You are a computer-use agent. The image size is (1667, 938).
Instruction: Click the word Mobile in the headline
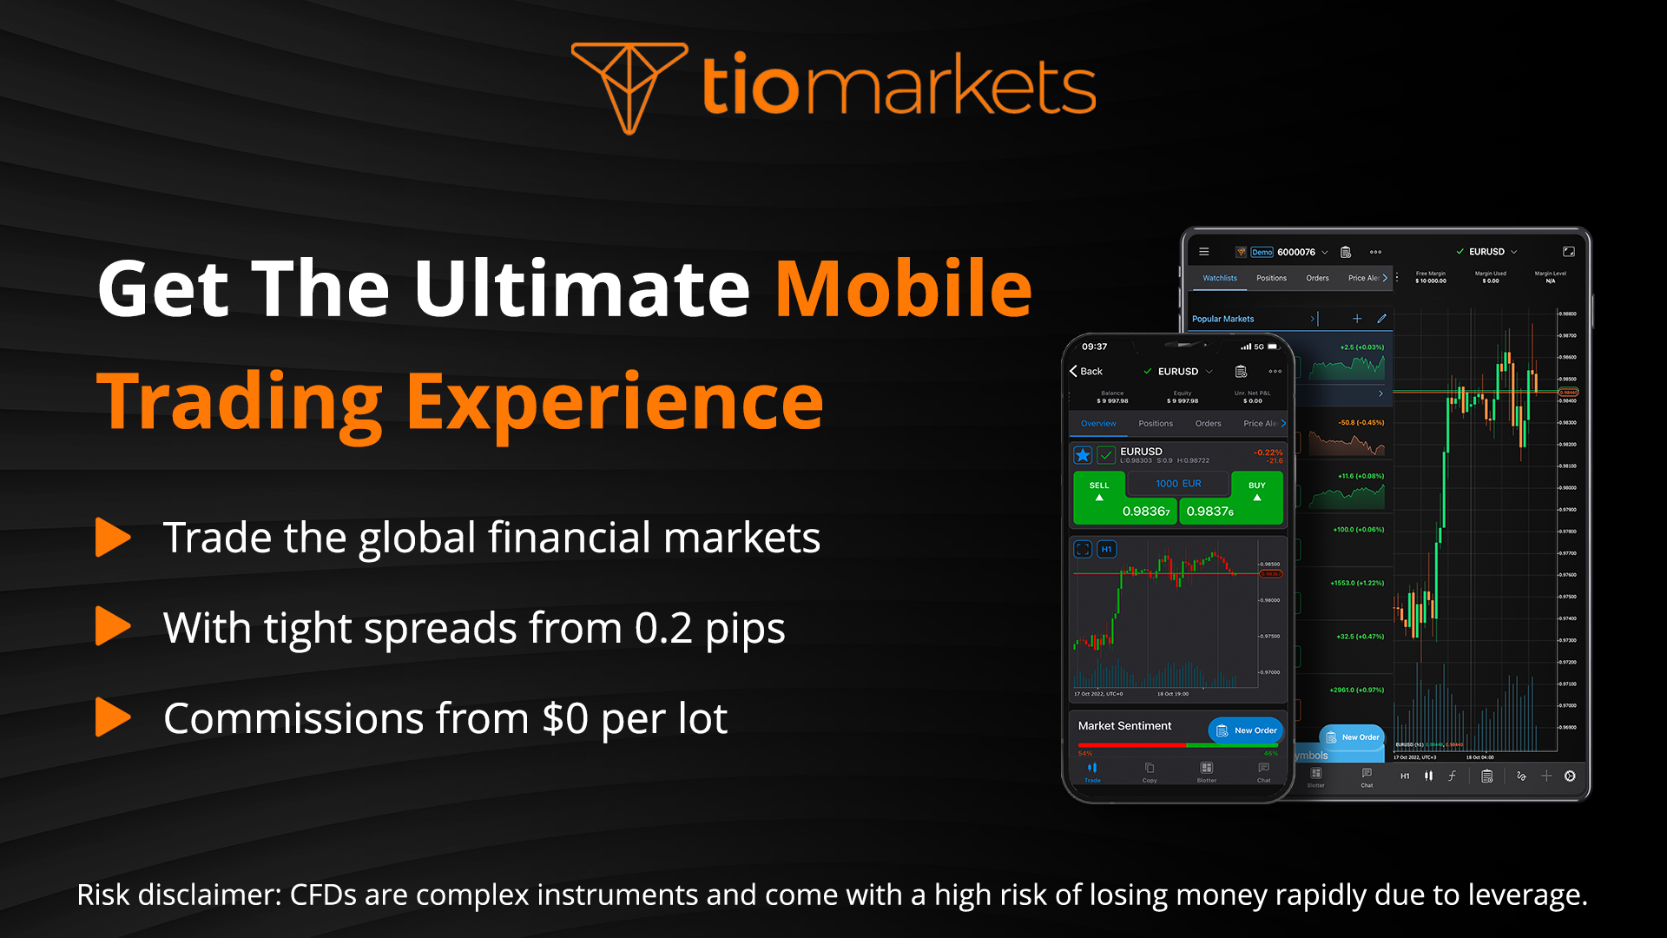903,289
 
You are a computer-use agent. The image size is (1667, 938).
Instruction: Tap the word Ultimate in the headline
582,289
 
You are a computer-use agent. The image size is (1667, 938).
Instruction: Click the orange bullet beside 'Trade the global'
113,537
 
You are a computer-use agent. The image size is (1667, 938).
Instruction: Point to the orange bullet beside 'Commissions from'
113,717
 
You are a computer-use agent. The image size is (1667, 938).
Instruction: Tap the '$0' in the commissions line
565,719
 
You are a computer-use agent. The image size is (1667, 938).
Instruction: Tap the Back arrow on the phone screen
1074,371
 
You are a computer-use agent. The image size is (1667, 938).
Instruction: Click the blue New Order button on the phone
1246,730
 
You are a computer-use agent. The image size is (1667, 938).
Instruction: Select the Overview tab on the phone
1098,424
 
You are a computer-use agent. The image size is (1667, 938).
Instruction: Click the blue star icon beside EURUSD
1083,455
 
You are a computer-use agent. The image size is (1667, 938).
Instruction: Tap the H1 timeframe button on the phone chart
1106,549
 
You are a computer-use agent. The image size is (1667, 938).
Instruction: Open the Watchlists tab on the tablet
1220,278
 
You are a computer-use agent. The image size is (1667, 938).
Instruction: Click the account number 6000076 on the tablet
1295,252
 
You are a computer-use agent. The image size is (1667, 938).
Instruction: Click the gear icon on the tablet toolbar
1570,776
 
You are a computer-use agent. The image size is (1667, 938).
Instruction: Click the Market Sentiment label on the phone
1124,726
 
